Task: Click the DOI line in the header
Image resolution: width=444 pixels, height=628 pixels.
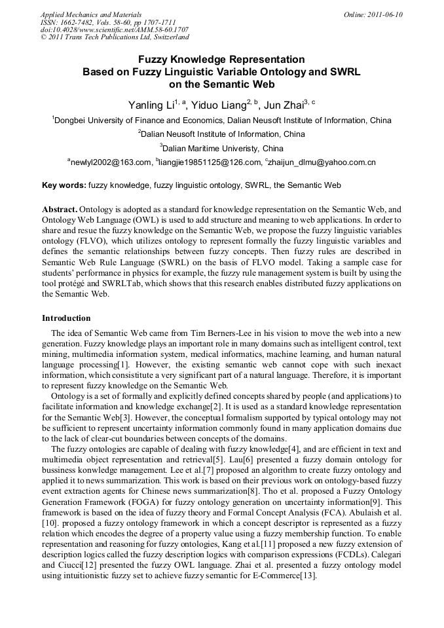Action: click(115, 29)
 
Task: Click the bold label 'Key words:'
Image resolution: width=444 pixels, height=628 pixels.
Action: click(64, 185)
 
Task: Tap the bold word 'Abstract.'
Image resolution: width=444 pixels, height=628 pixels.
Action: click(60, 208)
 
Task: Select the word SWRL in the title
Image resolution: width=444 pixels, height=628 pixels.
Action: click(343, 71)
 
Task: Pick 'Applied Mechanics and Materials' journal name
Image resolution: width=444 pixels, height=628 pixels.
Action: click(90, 14)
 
